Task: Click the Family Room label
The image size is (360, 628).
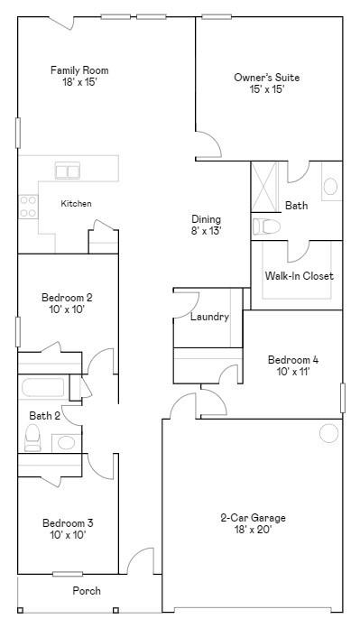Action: click(x=79, y=70)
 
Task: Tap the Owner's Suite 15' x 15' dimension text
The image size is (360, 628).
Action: click(x=267, y=89)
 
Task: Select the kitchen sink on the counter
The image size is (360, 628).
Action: click(x=68, y=171)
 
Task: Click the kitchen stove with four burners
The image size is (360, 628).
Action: click(x=28, y=207)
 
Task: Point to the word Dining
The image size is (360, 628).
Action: click(x=206, y=219)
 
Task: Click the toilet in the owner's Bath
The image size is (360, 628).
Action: click(x=266, y=226)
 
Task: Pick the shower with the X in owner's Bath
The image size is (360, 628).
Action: click(x=263, y=187)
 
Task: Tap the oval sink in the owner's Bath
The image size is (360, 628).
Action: click(x=331, y=186)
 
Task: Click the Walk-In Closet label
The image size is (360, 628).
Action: click(x=299, y=276)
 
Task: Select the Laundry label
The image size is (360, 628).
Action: click(x=209, y=318)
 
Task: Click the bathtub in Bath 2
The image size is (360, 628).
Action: click(x=43, y=387)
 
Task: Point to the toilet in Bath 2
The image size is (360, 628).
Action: click(x=32, y=438)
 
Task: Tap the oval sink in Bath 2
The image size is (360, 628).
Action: click(x=66, y=442)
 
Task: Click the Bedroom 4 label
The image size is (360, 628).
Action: click(x=293, y=360)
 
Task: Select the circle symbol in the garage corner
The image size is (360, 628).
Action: click(x=328, y=433)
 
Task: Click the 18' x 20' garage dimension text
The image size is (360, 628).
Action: click(x=253, y=530)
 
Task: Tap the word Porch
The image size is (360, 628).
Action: click(x=87, y=591)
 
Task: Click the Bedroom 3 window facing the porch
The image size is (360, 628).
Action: click(x=68, y=574)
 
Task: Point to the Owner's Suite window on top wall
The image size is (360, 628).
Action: click(x=217, y=17)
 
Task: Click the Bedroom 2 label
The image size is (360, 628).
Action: click(x=67, y=298)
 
